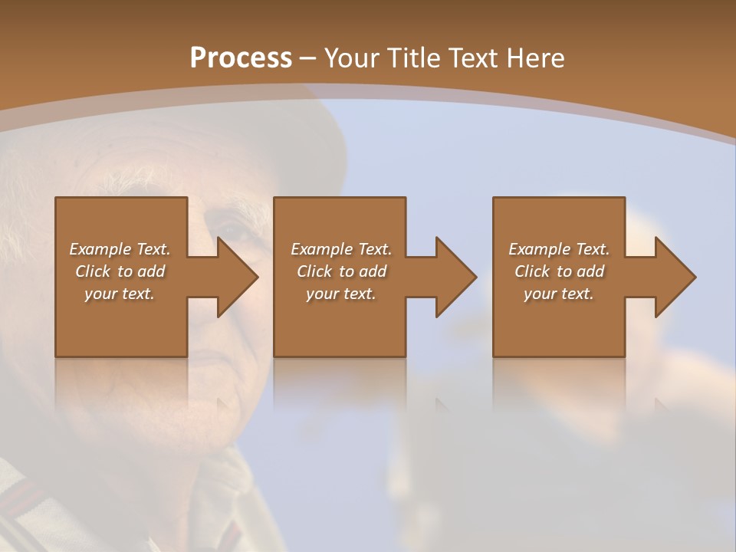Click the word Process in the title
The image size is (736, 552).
[x=241, y=58]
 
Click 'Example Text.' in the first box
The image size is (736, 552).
[x=120, y=249]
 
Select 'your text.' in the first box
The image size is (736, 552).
[x=120, y=294]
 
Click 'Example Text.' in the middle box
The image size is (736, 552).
[x=341, y=249]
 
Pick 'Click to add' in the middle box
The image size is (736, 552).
[x=341, y=271]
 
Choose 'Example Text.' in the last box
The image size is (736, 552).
[x=559, y=249]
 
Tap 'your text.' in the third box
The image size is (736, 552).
[x=559, y=294]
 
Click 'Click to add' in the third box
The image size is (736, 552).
[x=559, y=271]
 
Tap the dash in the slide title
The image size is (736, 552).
[x=308, y=58]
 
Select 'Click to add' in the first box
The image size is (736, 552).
[x=120, y=271]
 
